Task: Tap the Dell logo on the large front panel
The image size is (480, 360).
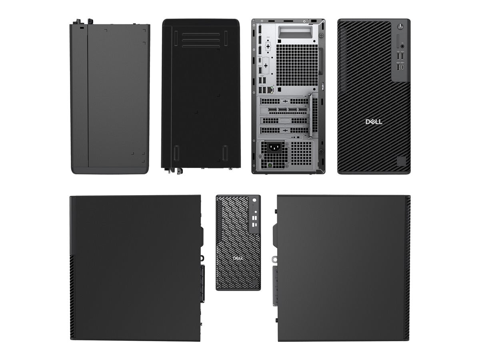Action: [374, 122]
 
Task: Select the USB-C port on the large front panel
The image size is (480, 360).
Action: [402, 67]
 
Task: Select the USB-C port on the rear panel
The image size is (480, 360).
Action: [260, 60]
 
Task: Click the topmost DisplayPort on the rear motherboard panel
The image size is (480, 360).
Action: [260, 29]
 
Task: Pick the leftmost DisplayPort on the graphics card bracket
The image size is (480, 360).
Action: [272, 110]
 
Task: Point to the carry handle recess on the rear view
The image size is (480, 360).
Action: [295, 32]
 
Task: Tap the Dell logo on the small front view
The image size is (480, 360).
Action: [238, 258]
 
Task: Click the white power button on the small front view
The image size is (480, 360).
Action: [254, 200]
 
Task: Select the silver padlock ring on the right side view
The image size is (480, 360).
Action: [274, 259]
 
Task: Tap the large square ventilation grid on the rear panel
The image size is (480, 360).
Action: [297, 65]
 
